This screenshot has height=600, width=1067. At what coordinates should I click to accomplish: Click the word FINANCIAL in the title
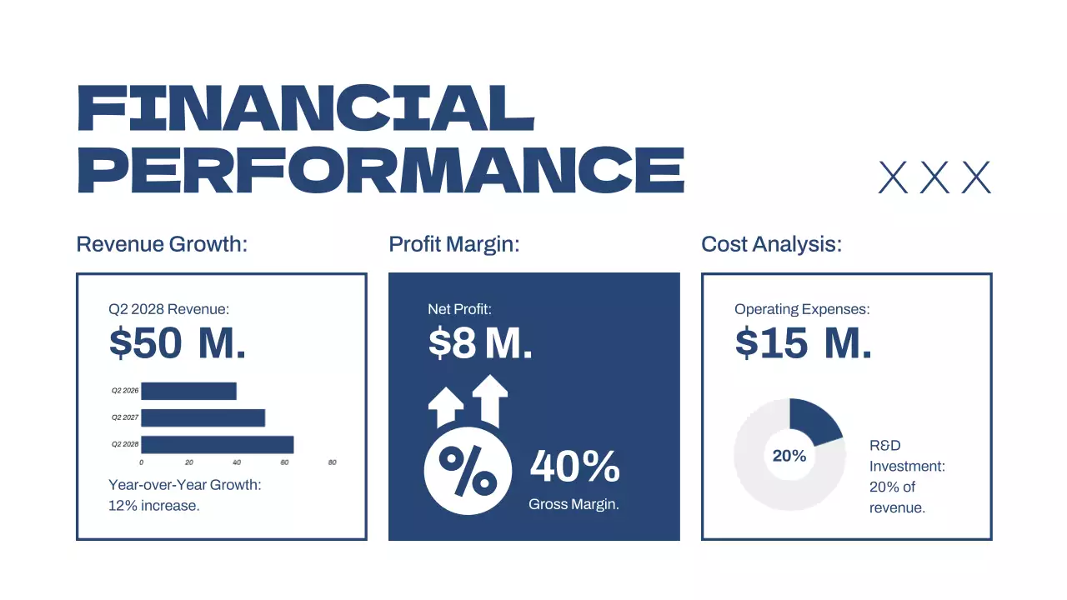coord(305,107)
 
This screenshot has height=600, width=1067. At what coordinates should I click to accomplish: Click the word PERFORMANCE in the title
coord(380,169)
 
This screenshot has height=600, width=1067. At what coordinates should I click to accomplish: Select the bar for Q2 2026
coord(188,391)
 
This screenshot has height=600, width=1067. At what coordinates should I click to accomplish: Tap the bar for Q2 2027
coord(203,417)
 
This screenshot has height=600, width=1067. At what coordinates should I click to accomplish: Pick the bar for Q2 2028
coord(217,445)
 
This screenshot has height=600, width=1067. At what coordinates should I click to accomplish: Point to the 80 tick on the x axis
coord(332,462)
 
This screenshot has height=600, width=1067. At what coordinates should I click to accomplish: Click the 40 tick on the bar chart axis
coord(237,462)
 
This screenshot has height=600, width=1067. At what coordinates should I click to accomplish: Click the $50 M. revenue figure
coord(178,343)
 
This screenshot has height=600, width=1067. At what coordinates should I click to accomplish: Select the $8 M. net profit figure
coord(480,343)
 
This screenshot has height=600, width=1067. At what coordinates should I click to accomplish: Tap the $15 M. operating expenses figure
coord(804,343)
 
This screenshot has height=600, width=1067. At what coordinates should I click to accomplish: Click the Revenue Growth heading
coord(163,245)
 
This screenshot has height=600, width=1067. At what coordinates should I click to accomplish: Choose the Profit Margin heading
coord(454,245)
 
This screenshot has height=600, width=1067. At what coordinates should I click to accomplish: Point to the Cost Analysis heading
coord(772,245)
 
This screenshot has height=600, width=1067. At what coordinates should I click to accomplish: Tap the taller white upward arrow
coord(490,400)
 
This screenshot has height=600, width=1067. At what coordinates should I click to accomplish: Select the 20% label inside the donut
coord(789,456)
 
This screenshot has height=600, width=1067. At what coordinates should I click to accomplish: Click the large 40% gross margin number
coord(575,467)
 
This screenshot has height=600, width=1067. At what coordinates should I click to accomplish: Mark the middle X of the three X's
coord(934,177)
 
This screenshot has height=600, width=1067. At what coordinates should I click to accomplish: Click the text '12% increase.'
coord(154,505)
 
